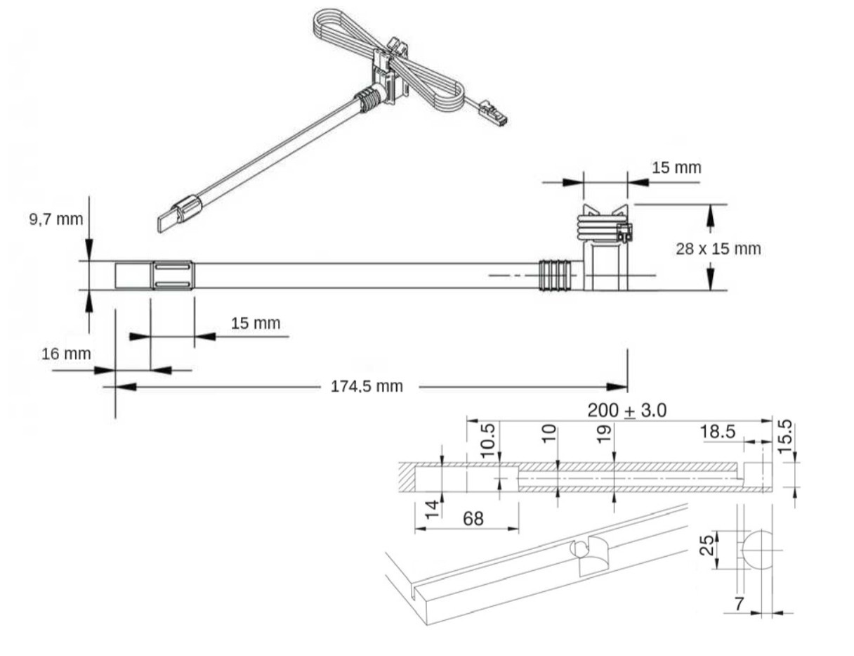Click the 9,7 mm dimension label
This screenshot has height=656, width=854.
pyautogui.click(x=55, y=219)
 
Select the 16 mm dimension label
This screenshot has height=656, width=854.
pyautogui.click(x=66, y=353)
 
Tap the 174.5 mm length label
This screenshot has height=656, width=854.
pyautogui.click(x=367, y=386)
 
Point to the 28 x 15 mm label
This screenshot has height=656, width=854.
pyautogui.click(x=718, y=248)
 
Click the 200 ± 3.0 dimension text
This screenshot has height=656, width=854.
pyautogui.click(x=626, y=410)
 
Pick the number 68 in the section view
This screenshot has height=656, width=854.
pyautogui.click(x=473, y=518)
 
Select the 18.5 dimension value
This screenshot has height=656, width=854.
pyautogui.click(x=718, y=431)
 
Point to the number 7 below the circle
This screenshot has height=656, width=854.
pyautogui.click(x=739, y=604)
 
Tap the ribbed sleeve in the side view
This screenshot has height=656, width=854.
pyautogui.click(x=555, y=275)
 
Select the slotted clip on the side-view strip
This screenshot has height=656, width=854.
pyautogui.click(x=171, y=275)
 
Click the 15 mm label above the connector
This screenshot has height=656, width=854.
pyautogui.click(x=676, y=168)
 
